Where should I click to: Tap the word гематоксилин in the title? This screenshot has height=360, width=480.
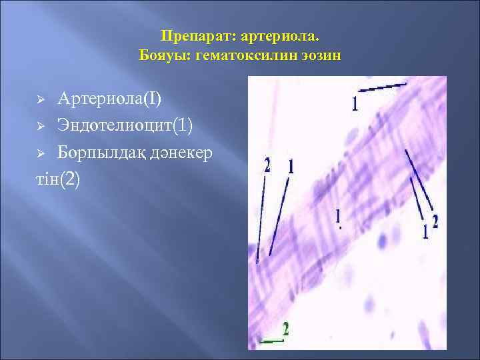click(x=253, y=55)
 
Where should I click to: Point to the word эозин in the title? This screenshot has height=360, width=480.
click(x=323, y=55)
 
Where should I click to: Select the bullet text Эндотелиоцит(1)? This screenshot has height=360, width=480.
click(x=126, y=125)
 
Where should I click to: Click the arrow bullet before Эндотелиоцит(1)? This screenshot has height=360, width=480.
click(x=40, y=126)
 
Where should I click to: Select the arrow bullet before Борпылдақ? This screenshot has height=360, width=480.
click(x=40, y=153)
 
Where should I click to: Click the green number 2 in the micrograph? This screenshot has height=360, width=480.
click(x=286, y=329)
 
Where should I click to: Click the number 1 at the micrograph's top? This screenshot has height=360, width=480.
click(x=355, y=103)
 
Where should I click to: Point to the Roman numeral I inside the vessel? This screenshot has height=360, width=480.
click(x=339, y=218)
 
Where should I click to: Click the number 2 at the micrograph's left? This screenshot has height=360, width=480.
click(x=268, y=165)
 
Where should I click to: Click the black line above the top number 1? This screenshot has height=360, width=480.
click(x=383, y=87)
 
